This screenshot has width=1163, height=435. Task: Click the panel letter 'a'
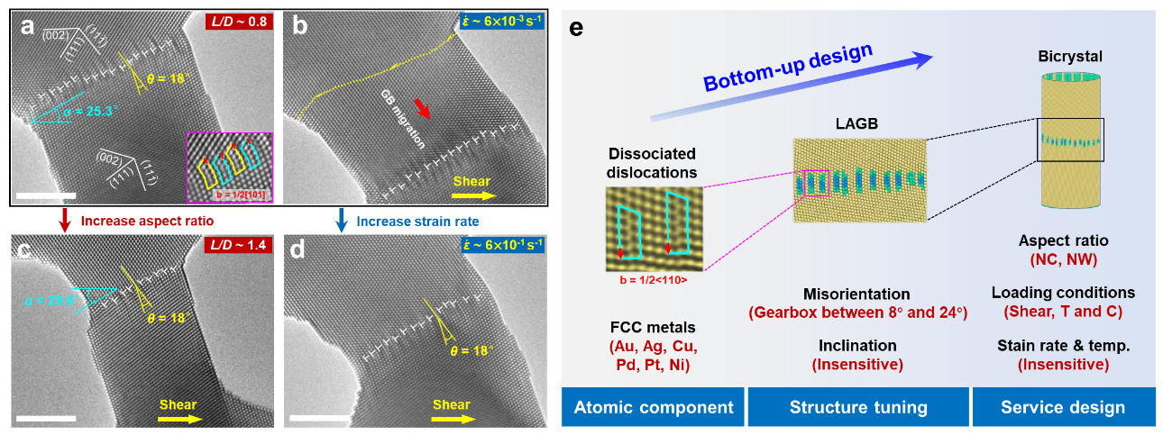28,27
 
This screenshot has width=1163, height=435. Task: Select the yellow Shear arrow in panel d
451,418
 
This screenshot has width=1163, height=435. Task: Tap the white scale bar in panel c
42,418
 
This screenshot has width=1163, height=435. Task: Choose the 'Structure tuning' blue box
858,407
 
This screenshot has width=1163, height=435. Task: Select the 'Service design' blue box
1063,407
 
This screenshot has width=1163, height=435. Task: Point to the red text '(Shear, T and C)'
1063,311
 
